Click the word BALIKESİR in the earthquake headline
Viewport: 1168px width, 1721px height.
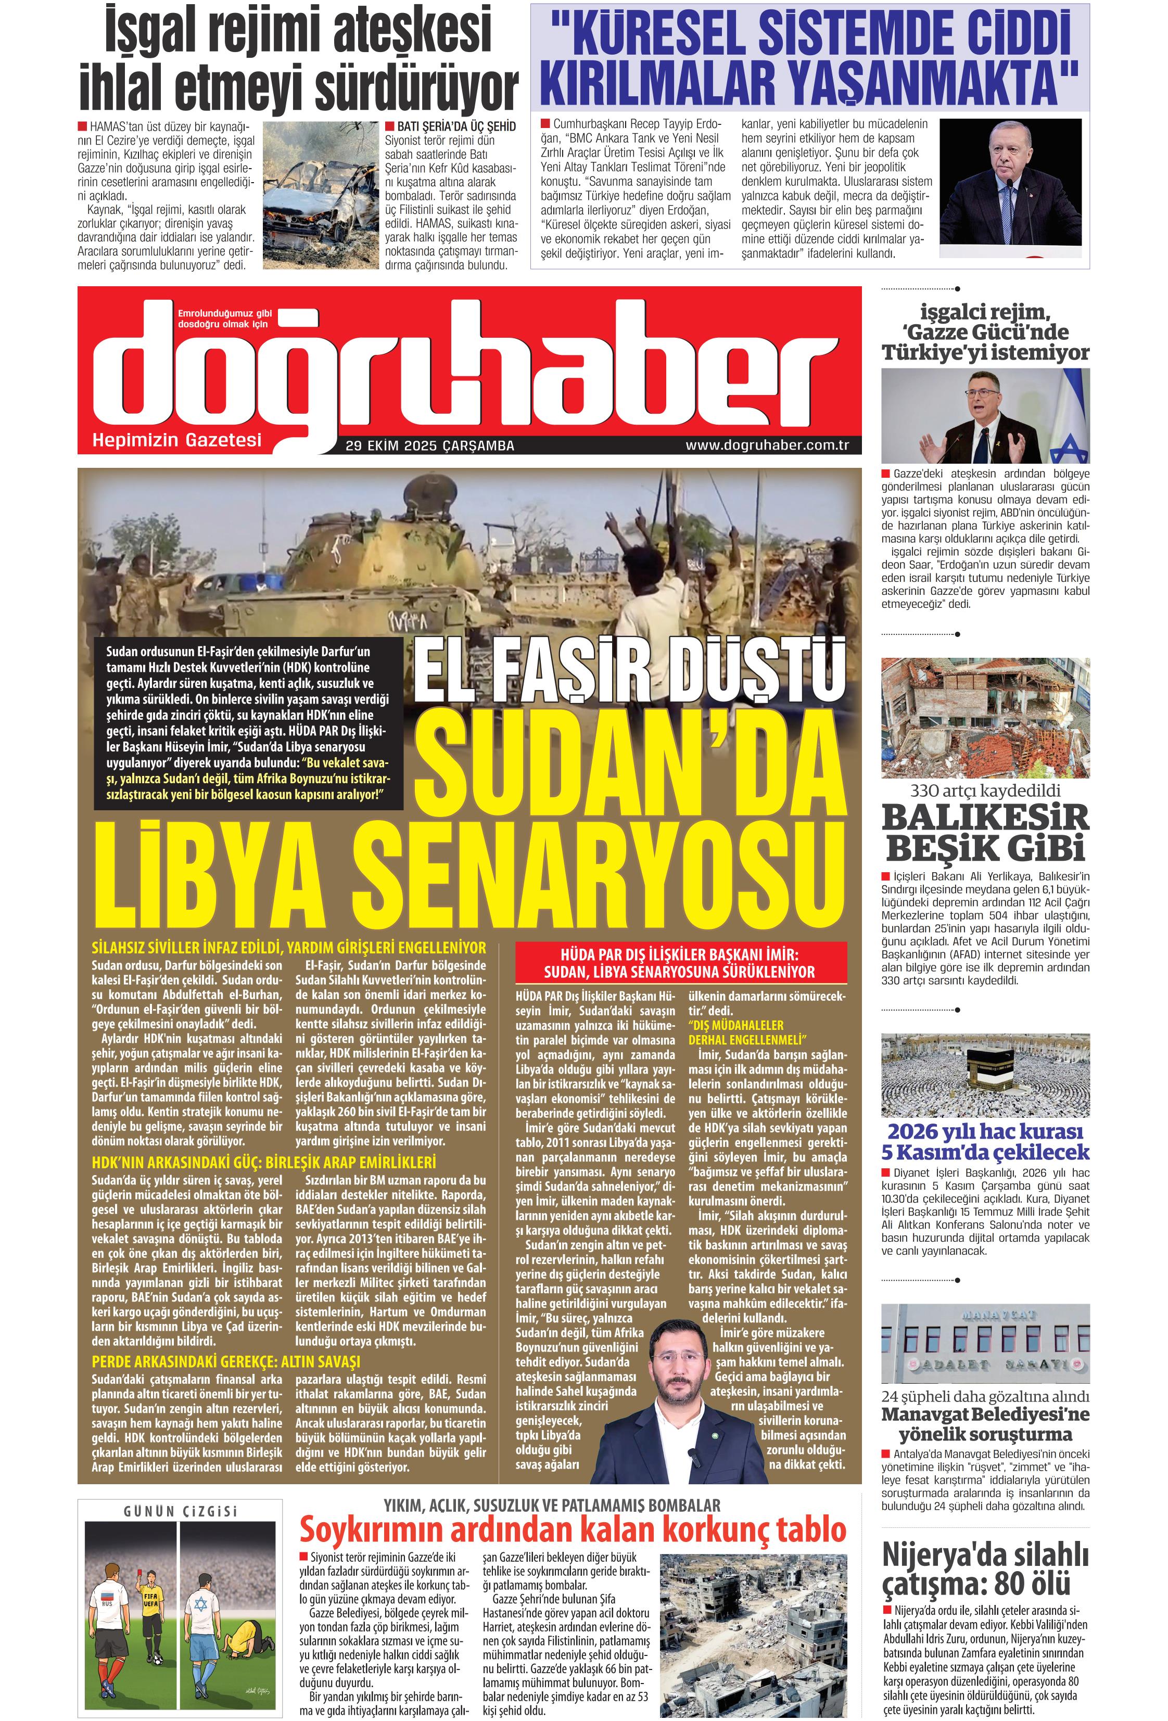tap(985, 818)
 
